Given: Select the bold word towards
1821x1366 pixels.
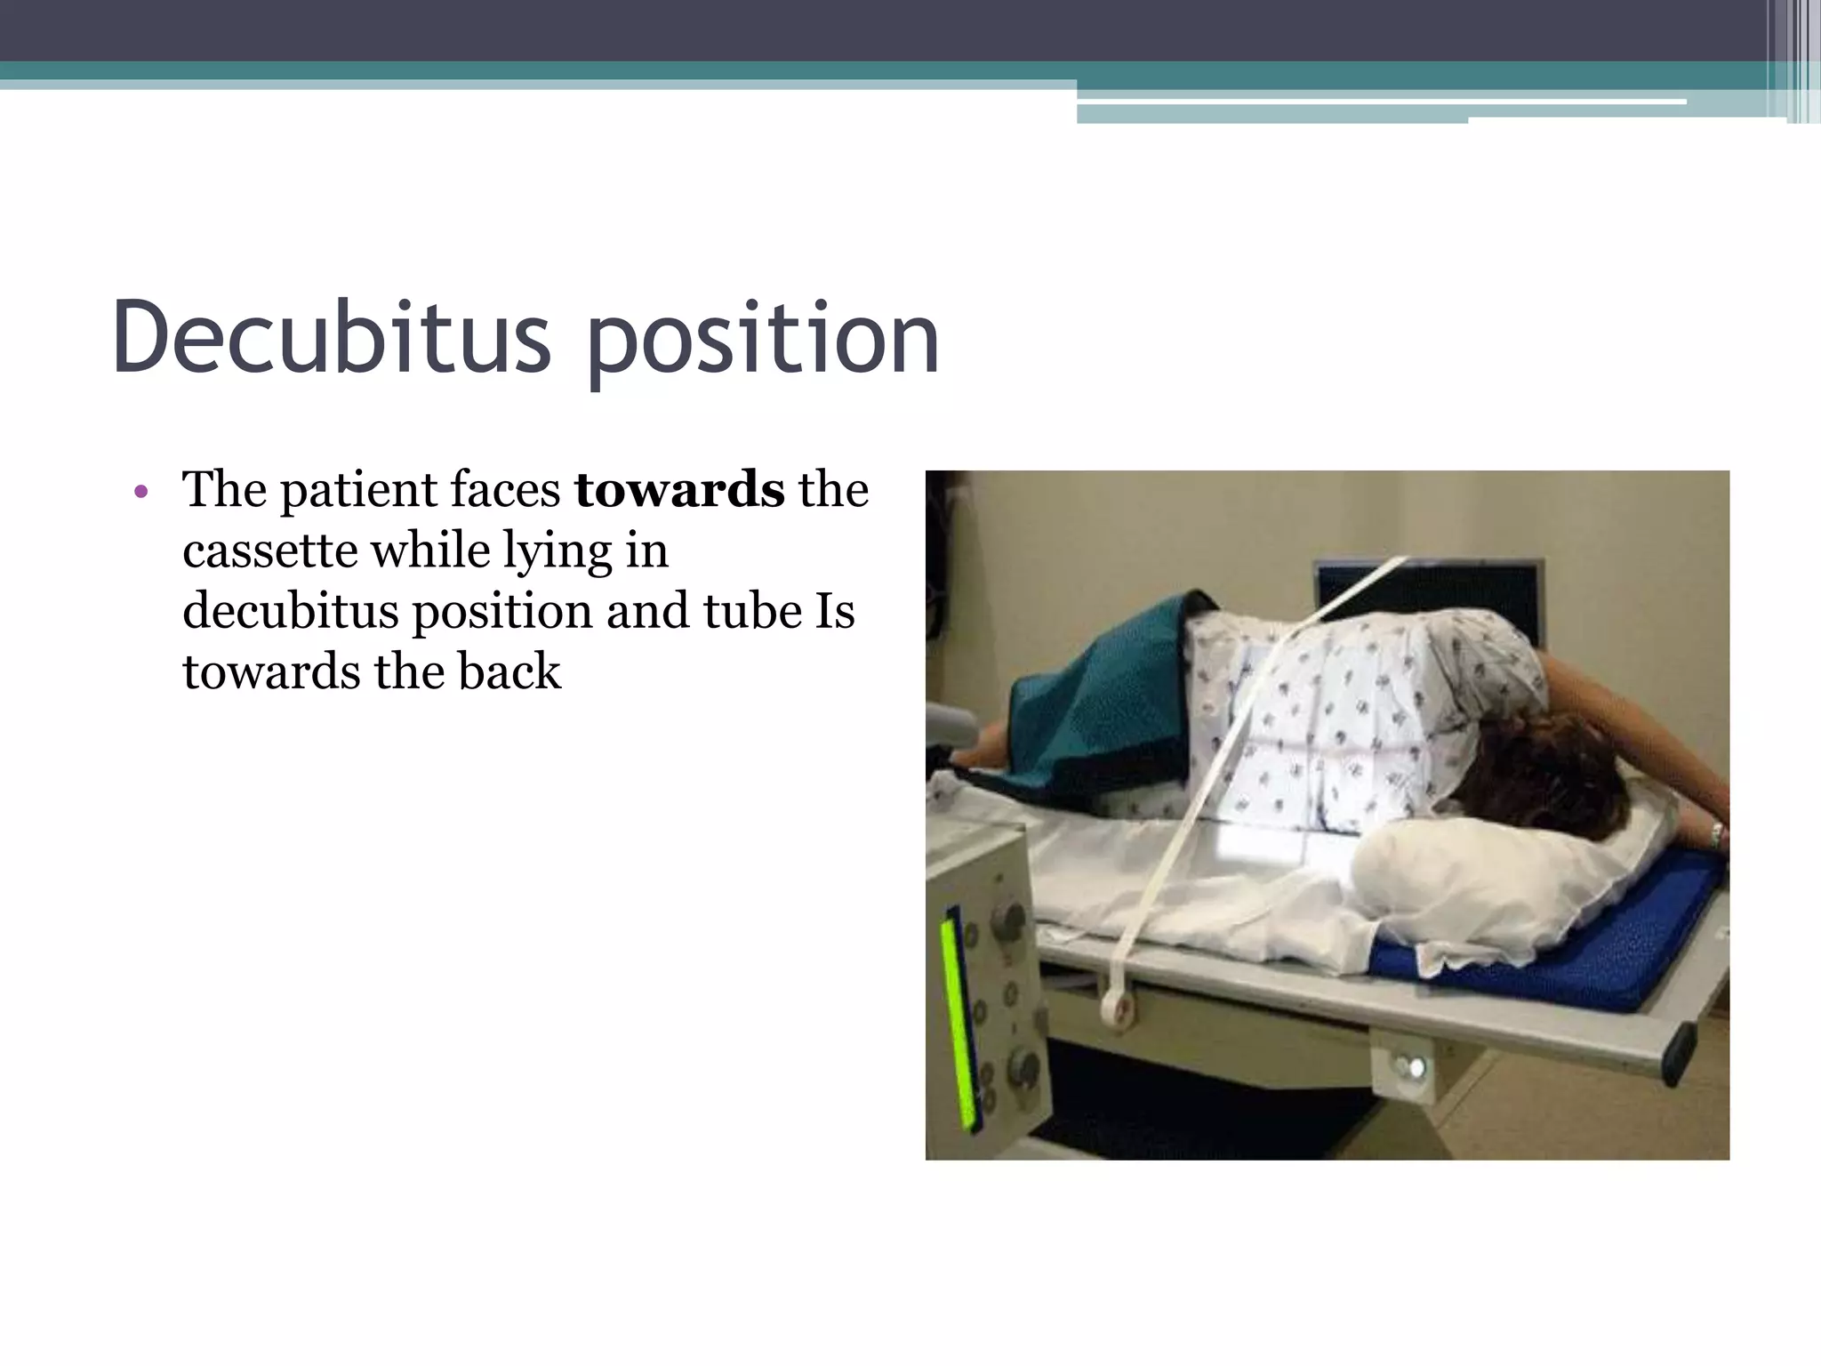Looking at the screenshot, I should [679, 490].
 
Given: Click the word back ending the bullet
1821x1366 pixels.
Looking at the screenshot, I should [509, 671].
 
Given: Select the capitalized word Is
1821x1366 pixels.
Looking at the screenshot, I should [834, 611].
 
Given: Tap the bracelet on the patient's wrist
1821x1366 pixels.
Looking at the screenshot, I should [1716, 834].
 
